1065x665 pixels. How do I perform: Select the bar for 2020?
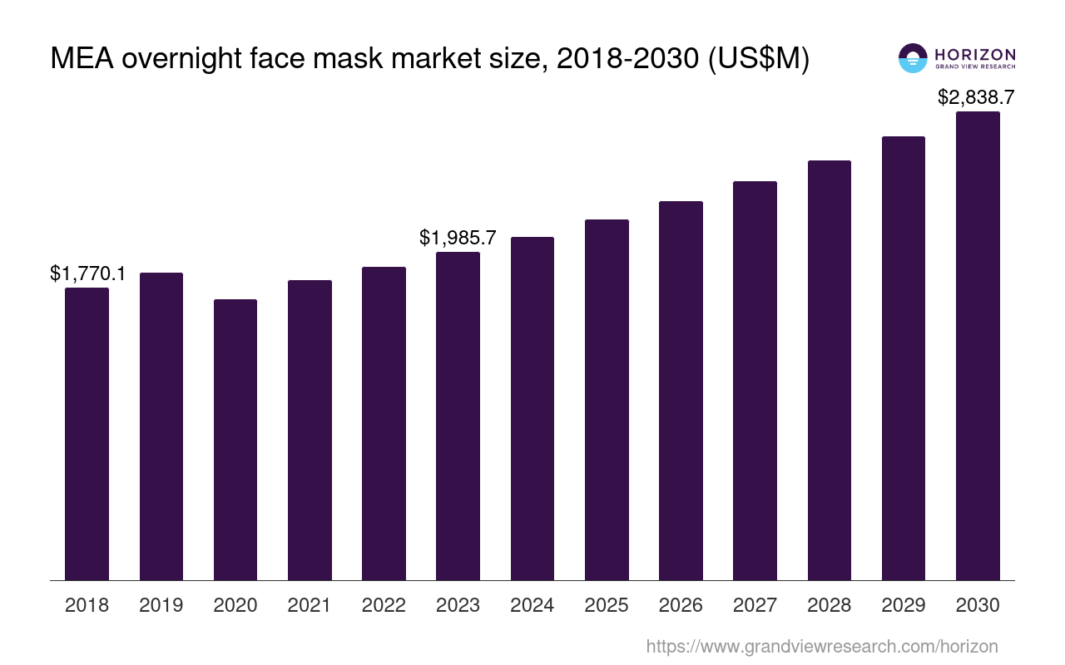click(x=235, y=440)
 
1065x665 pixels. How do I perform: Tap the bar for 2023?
click(x=458, y=416)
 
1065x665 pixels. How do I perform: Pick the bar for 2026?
click(x=681, y=391)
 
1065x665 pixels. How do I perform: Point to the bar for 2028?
click(x=830, y=370)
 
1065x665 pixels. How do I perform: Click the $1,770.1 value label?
click(x=87, y=273)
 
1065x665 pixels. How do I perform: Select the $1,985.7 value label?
click(x=458, y=238)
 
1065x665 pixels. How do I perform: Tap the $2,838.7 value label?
click(x=976, y=97)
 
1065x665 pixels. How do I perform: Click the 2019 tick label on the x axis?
click(x=161, y=605)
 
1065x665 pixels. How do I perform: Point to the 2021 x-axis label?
click(x=310, y=605)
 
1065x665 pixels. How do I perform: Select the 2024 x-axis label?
click(x=532, y=605)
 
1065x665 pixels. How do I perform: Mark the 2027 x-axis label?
click(x=755, y=605)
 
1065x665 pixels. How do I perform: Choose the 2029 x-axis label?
click(x=904, y=605)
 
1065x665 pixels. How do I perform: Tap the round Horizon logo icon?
click(x=913, y=58)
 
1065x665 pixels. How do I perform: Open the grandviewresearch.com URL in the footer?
click(x=821, y=646)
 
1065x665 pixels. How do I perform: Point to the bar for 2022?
click(x=384, y=424)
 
